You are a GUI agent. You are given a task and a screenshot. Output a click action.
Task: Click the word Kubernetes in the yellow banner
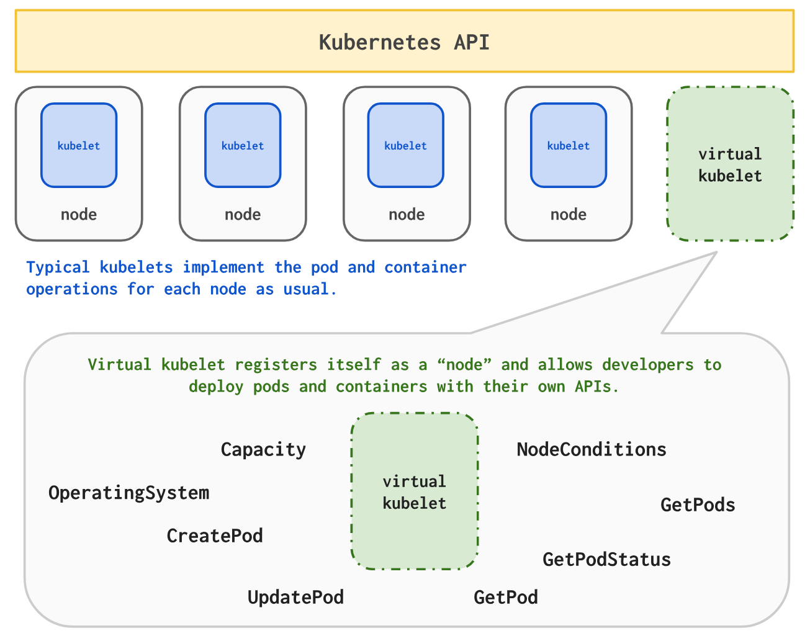tap(379, 42)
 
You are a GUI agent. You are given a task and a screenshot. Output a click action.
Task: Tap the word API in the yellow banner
tap(472, 42)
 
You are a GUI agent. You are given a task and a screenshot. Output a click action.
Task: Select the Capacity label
tap(263, 449)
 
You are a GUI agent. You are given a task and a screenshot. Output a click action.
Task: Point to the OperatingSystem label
tap(128, 493)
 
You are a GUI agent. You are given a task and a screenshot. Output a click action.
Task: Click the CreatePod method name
tap(215, 536)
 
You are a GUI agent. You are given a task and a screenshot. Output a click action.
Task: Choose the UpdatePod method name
tap(295, 597)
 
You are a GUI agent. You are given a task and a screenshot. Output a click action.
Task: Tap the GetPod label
tap(505, 597)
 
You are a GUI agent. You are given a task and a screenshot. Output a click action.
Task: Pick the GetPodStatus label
tap(606, 559)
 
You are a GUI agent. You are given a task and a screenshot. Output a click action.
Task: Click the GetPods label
tap(698, 504)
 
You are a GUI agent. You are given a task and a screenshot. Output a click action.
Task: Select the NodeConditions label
tap(592, 449)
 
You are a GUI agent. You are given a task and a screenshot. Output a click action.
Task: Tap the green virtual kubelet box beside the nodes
tap(730, 164)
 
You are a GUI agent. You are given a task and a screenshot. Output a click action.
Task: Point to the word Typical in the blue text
tap(58, 267)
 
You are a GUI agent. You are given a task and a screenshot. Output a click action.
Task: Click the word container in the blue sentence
tap(425, 267)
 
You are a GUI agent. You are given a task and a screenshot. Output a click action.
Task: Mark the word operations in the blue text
tap(71, 289)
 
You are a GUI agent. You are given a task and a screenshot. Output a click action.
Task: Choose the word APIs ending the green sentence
tap(596, 387)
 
